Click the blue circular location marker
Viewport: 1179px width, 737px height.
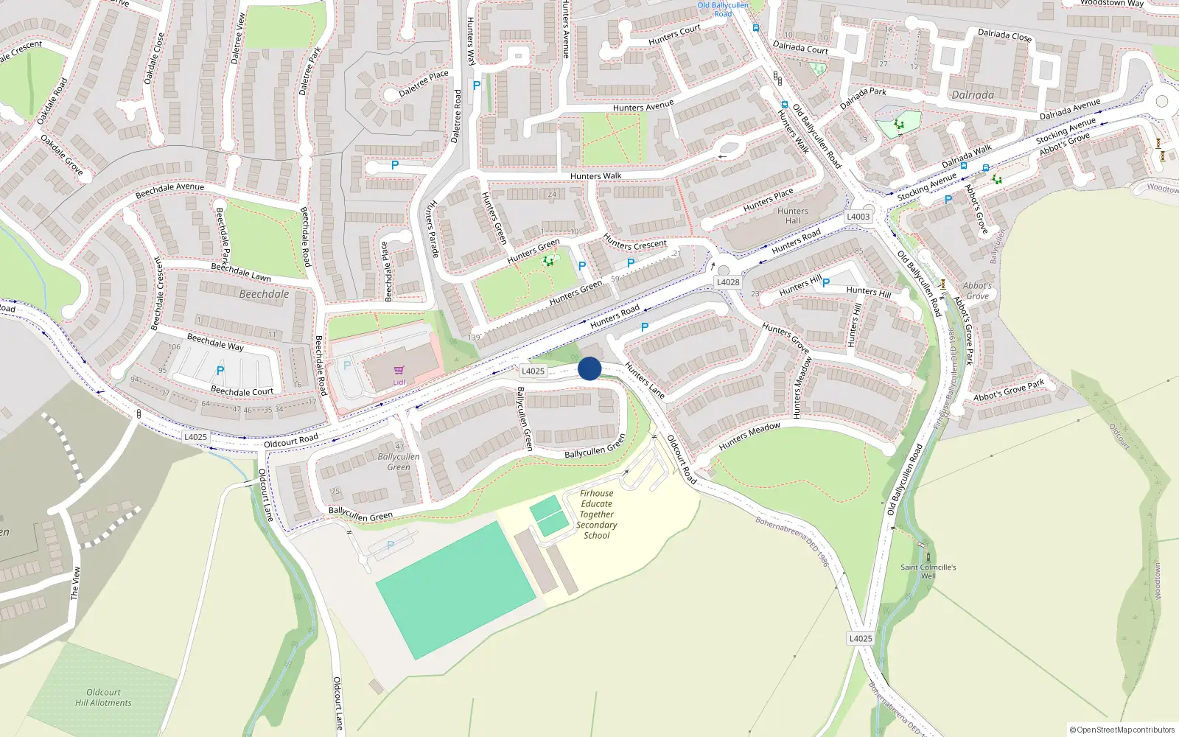589,368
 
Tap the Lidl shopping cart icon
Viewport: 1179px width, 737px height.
399,371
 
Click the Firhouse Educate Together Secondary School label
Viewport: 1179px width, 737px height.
596,514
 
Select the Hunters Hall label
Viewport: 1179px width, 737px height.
793,216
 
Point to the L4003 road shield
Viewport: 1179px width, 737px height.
858,217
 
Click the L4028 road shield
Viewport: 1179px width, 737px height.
728,282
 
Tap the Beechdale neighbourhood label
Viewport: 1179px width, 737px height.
264,294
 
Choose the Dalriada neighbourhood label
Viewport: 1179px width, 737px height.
973,95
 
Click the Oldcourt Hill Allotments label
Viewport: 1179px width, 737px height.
103,697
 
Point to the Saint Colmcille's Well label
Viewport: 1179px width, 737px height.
928,571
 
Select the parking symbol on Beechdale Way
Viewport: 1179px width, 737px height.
220,371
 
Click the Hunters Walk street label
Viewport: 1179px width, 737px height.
595,176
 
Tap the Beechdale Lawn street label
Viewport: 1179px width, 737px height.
241,272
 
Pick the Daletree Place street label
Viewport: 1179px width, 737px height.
423,84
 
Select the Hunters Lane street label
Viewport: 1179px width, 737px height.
645,380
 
